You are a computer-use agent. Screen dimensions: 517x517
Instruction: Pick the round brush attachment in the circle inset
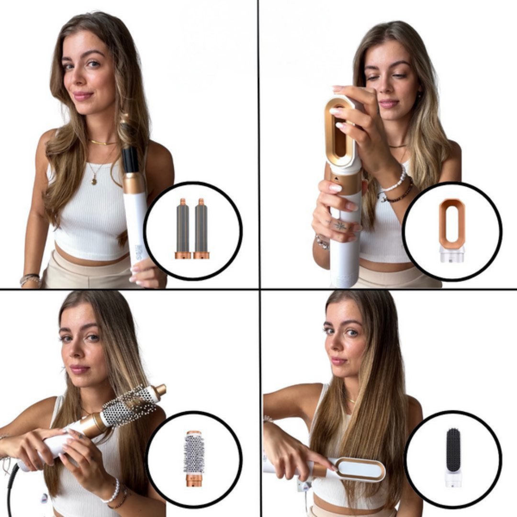coord(194,457)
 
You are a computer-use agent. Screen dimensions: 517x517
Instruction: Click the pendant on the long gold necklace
coord(94,181)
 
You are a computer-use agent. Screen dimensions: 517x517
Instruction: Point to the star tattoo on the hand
coord(341,225)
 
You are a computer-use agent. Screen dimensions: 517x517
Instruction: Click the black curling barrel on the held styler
coord(130,159)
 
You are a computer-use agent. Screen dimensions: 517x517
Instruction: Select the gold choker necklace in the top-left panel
coord(101,142)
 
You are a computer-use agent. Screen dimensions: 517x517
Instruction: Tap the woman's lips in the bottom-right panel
coord(338,360)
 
